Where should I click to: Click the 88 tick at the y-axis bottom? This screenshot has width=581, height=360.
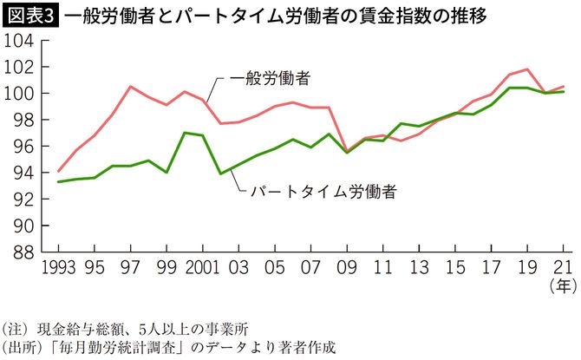pyautogui.click(x=23, y=252)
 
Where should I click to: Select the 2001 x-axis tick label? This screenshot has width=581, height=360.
pyautogui.click(x=200, y=267)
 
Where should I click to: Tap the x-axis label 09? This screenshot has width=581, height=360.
pyautogui.click(x=347, y=267)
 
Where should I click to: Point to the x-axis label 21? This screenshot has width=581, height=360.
pyautogui.click(x=562, y=267)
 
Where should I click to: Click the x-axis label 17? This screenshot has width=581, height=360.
pyautogui.click(x=490, y=267)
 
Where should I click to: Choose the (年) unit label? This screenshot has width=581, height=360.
pyautogui.click(x=561, y=285)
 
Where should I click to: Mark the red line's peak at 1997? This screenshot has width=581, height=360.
pyautogui.click(x=130, y=87)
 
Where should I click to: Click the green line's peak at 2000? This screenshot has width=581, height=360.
pyautogui.click(x=184, y=133)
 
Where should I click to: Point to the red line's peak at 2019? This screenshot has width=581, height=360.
pyautogui.click(x=526, y=69)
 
